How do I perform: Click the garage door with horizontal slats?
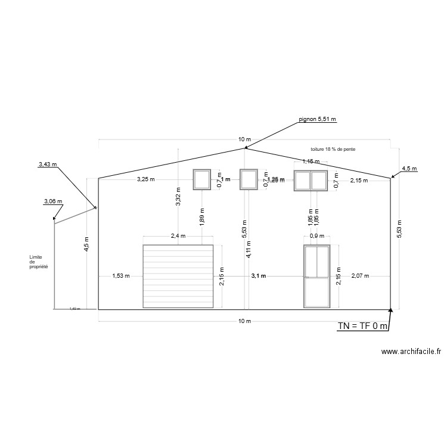(x=178, y=276)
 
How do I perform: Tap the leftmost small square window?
(x=201, y=179)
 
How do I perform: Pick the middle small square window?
(x=249, y=179)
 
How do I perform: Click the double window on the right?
(x=311, y=180)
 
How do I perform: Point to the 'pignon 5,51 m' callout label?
(x=318, y=119)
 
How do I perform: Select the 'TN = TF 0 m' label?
(x=363, y=325)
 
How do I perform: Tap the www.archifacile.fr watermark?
(x=411, y=352)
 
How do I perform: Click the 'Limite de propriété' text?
(x=39, y=262)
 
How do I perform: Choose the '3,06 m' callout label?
(x=52, y=201)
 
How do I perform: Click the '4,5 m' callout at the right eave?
(x=409, y=169)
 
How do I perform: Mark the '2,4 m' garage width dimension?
(x=178, y=236)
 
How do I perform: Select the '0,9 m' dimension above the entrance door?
(x=316, y=236)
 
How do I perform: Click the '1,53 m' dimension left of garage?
(x=121, y=276)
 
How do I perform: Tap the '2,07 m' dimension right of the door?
(x=360, y=276)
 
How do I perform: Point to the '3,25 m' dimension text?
(x=145, y=179)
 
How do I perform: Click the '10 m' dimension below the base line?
(x=244, y=321)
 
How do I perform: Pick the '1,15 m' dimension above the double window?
(x=311, y=162)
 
